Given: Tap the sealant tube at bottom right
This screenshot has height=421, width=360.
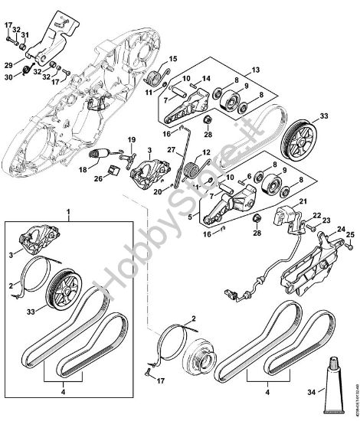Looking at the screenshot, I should point(335,387).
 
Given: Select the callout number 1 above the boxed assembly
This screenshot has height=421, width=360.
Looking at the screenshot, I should point(70,210).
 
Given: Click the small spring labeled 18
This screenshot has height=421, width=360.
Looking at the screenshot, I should point(97,155).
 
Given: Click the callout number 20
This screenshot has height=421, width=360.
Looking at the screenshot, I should point(158,193).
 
